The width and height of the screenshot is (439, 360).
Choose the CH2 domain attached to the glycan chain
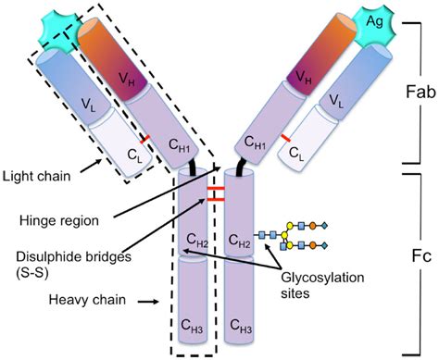(239, 242)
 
